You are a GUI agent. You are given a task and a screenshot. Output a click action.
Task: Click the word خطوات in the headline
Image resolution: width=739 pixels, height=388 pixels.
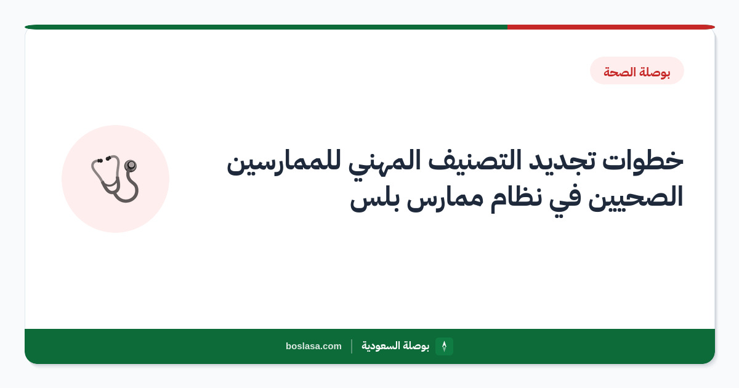coord(643,161)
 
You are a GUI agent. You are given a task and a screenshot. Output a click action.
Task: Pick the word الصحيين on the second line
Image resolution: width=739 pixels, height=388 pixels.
coord(636,197)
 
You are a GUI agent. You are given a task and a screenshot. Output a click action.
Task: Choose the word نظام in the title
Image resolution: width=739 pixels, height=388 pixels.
coord(516,198)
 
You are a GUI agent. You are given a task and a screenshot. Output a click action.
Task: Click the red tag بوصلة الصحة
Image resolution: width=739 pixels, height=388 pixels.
coord(637,71)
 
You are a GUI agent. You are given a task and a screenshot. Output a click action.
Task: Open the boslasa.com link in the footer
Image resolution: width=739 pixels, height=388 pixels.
coord(313,346)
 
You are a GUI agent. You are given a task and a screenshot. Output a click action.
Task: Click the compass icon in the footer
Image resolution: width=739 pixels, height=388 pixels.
coord(444,346)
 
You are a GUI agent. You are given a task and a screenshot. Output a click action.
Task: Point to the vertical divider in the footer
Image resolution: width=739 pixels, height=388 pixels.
coord(352,346)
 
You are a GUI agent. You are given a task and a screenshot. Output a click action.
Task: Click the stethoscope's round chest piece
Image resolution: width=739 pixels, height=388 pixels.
coord(131,165)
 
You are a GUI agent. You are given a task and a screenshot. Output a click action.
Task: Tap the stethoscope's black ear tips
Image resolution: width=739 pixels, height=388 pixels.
coord(103,160)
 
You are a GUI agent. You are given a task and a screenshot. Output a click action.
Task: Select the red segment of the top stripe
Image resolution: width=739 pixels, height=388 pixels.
coord(611,27)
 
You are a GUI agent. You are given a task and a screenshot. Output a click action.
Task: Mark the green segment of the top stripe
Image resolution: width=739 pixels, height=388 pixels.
coord(266,27)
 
